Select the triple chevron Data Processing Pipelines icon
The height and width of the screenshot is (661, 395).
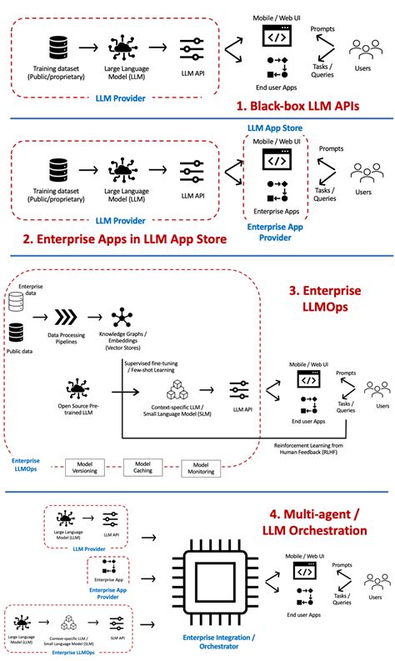[x=66, y=318]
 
